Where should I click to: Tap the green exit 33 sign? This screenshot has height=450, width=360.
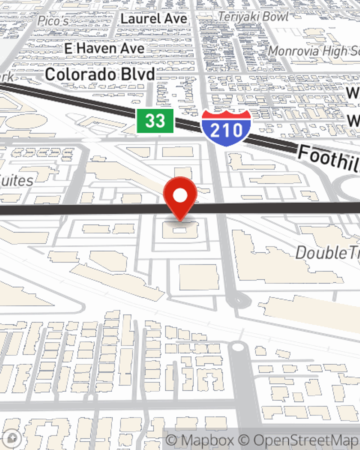pos(155,121)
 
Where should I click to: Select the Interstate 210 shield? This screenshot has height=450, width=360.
pos(226,128)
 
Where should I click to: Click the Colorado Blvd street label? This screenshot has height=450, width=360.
pos(100,75)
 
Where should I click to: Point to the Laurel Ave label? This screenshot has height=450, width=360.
pos(154,19)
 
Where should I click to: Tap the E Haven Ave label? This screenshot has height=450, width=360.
pos(104,48)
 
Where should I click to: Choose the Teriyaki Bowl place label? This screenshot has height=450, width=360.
pos(253,17)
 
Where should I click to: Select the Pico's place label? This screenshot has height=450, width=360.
pos(53,21)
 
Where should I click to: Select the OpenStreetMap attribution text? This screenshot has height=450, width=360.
pos(305,440)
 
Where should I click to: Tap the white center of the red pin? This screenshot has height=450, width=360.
pos(180,195)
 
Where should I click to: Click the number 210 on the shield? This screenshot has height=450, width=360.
pos(226,130)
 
